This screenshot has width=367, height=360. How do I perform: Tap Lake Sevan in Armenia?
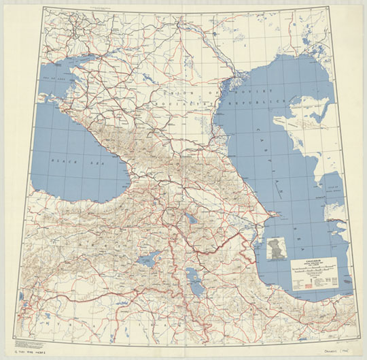click(192, 220)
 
